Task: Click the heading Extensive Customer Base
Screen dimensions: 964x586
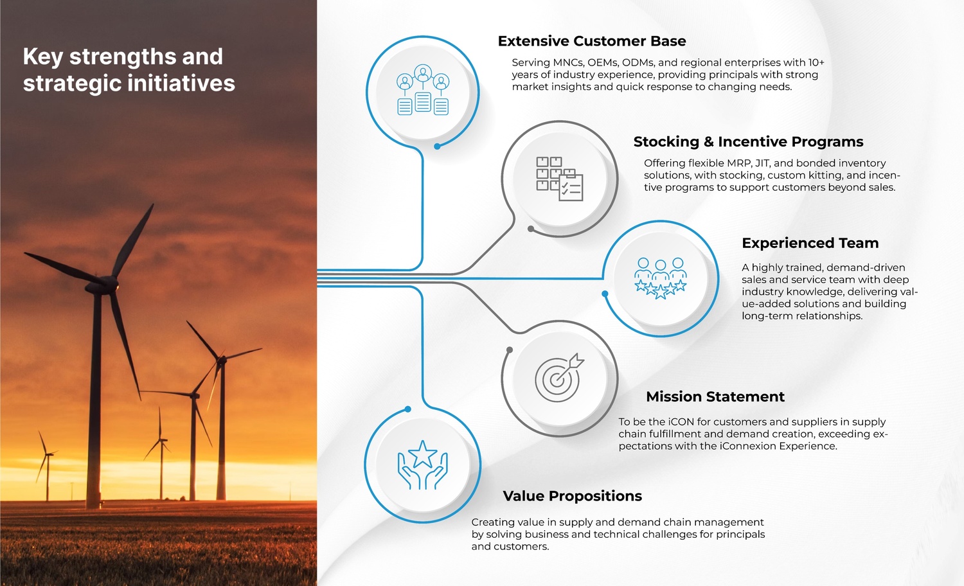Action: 592,41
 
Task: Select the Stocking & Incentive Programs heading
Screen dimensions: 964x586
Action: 749,141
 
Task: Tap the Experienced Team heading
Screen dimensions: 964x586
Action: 810,243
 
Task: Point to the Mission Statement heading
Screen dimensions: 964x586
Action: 715,396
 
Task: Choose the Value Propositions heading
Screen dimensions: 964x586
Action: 573,496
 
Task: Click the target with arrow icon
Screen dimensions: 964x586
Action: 559,378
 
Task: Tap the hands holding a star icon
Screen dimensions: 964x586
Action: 423,465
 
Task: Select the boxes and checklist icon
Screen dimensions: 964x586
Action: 560,179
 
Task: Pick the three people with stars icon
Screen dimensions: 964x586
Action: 661,278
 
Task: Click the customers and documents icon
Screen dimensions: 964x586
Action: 423,89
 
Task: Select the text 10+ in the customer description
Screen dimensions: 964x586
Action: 816,62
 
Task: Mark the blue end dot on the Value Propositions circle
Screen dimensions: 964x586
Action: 408,409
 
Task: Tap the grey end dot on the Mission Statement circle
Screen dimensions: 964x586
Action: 510,350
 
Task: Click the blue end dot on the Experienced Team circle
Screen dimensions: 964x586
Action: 605,294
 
